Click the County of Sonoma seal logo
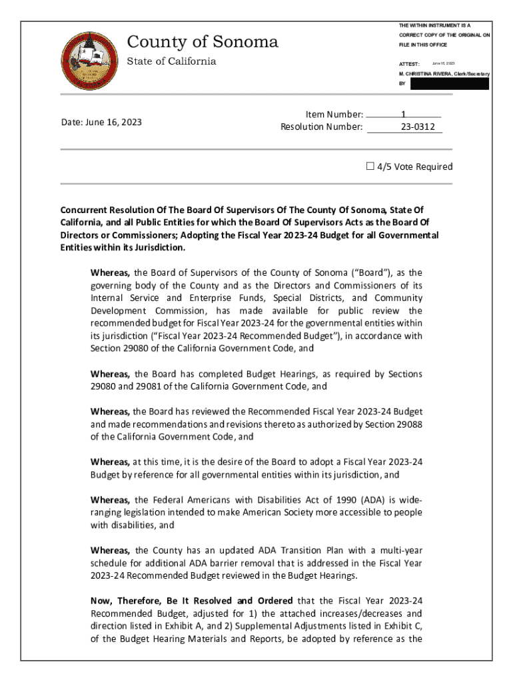(x=88, y=62)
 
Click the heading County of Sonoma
(x=203, y=43)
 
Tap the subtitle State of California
(x=171, y=61)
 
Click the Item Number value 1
(x=404, y=115)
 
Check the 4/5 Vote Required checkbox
(x=370, y=167)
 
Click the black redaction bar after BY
(x=450, y=84)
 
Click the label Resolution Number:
(x=322, y=127)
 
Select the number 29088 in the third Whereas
(x=408, y=425)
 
